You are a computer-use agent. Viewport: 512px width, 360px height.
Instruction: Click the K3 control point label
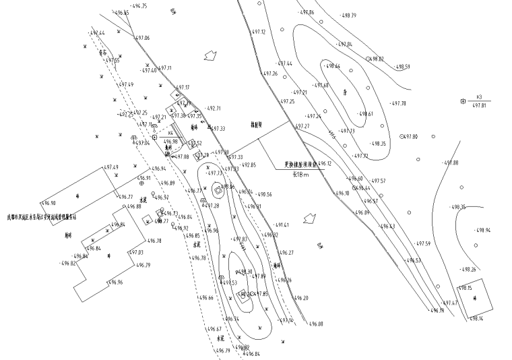(x=479, y=96)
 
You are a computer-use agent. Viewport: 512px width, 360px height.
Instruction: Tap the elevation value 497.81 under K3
(x=479, y=105)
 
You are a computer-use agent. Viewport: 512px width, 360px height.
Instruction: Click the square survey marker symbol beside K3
(x=463, y=101)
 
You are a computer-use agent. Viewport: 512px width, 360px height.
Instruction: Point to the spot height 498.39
(x=350, y=15)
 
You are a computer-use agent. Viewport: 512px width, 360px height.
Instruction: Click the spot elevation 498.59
(x=403, y=67)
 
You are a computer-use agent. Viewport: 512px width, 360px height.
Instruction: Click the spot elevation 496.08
(x=316, y=324)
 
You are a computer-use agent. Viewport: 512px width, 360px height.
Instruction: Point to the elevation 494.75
(x=139, y=5)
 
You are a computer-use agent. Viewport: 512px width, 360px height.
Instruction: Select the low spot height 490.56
(x=264, y=194)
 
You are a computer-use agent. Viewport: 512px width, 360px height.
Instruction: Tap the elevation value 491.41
(x=282, y=224)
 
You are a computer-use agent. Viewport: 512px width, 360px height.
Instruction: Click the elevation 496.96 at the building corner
(x=115, y=282)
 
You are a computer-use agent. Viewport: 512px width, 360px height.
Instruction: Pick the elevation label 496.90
(x=49, y=202)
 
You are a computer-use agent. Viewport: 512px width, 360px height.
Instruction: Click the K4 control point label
(x=162, y=134)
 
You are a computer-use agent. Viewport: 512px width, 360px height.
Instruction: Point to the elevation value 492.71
(x=214, y=108)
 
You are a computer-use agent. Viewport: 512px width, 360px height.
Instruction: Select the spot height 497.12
(x=259, y=32)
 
